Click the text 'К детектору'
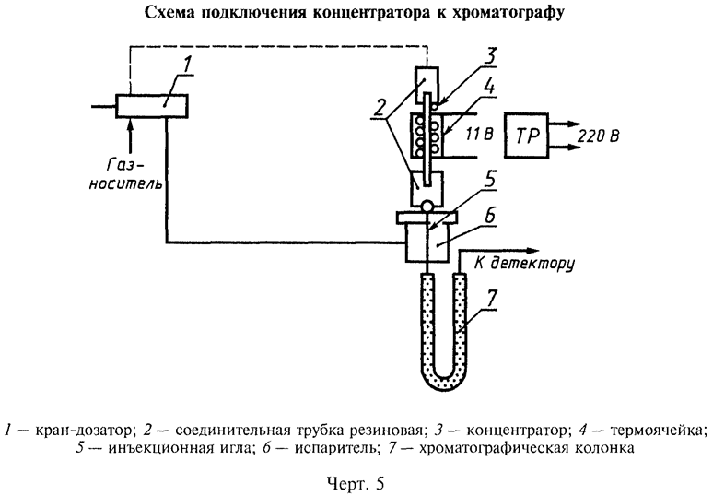coord(524,265)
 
